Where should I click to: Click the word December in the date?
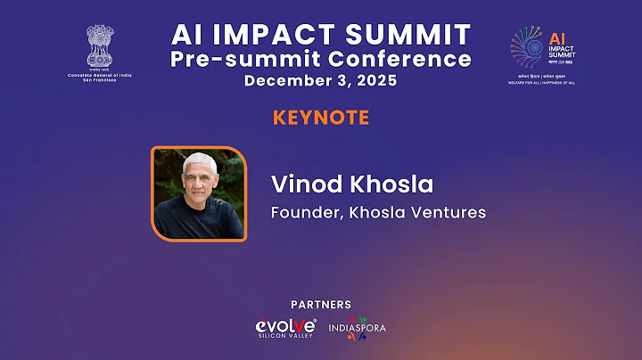[287, 81]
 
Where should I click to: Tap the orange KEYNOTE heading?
[320, 118]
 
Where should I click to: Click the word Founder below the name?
[302, 213]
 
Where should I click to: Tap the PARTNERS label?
[320, 305]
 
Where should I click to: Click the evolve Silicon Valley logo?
[286, 328]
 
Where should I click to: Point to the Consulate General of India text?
[99, 74]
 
